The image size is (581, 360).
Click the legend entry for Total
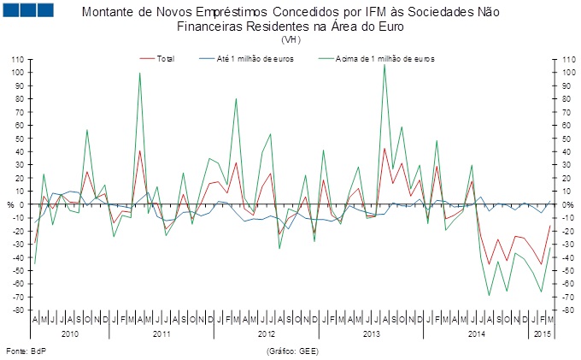pos(166,59)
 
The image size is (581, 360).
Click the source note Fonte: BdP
pos(26,351)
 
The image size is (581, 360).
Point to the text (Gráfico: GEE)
pos(291,351)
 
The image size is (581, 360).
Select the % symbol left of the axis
pos(9,205)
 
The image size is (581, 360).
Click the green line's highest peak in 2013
pos(384,64)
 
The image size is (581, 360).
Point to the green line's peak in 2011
pos(139,73)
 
